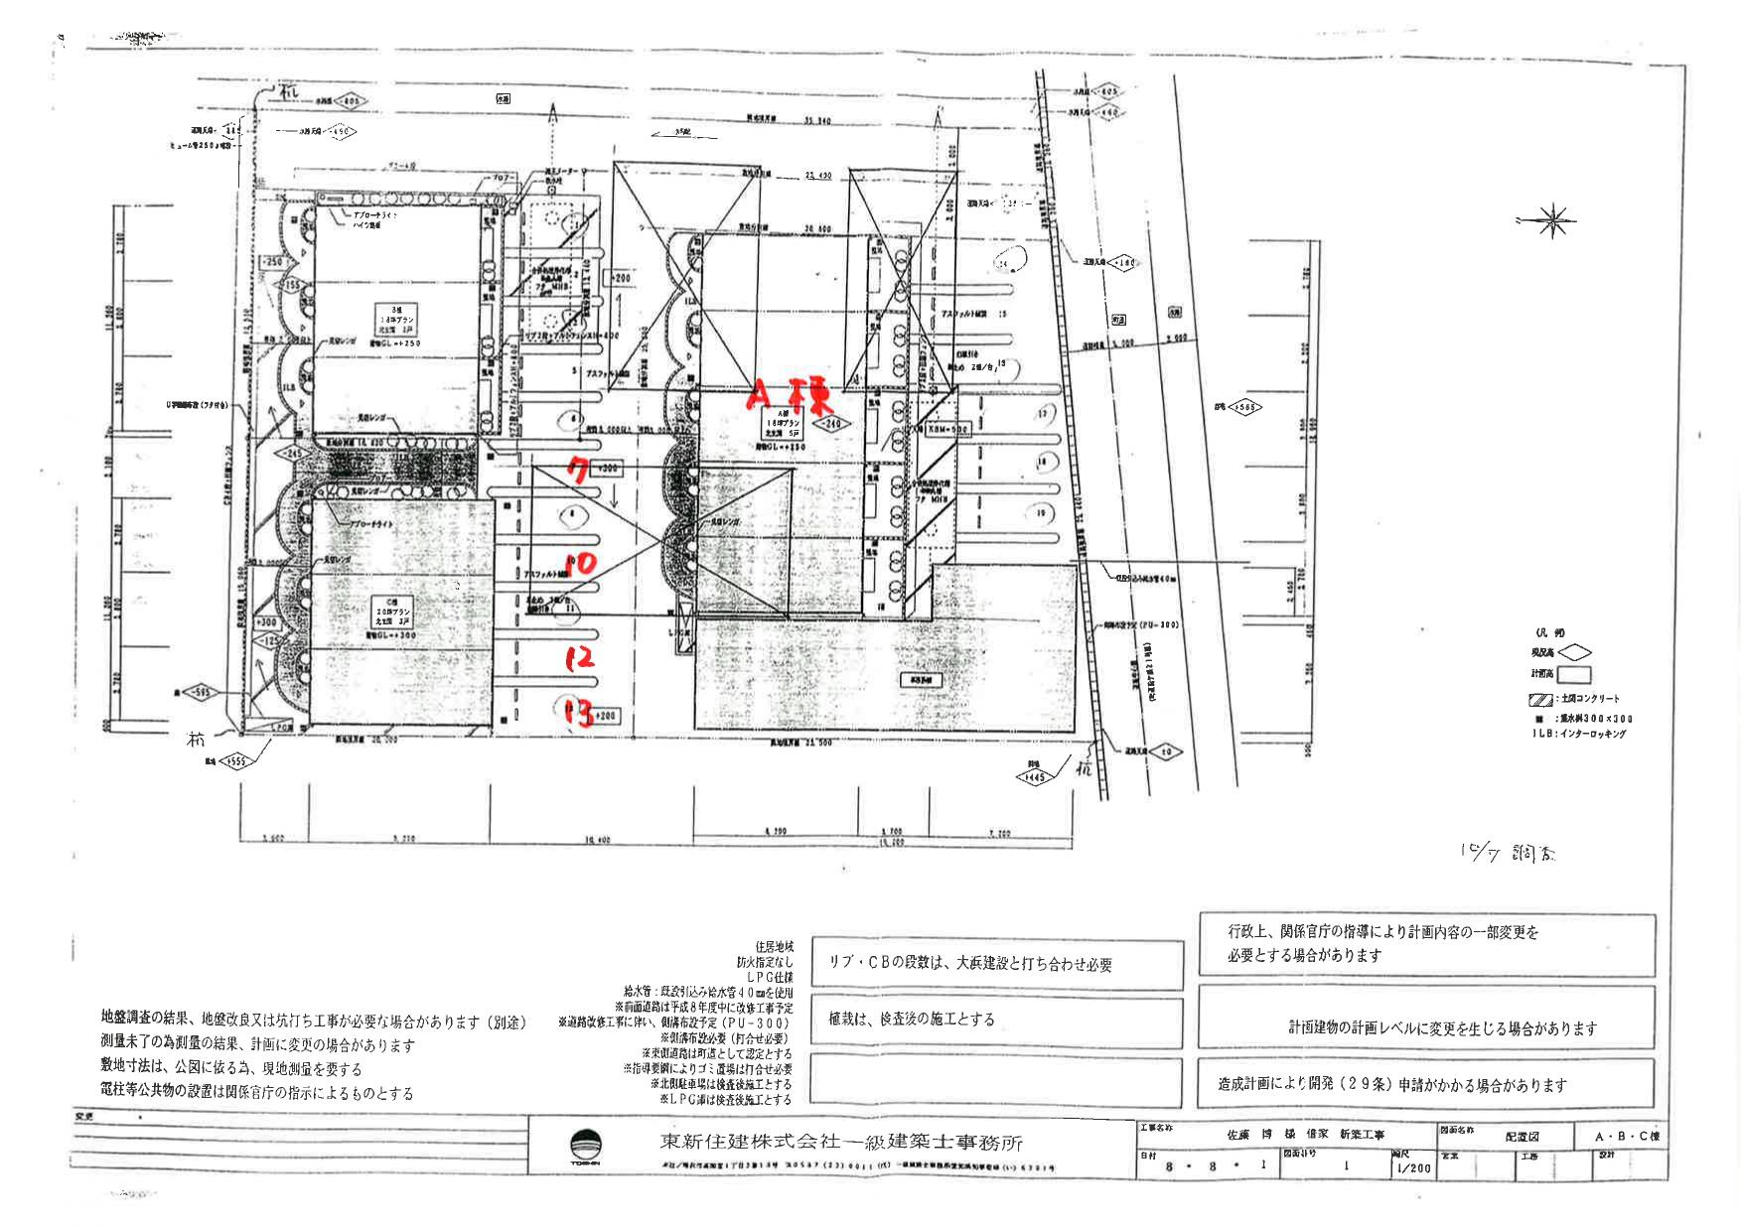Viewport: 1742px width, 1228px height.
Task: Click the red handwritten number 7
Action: point(576,468)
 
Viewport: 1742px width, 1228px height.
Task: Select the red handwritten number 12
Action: point(579,657)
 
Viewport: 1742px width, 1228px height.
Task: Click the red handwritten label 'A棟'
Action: point(790,395)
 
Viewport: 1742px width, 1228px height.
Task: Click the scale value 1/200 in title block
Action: point(1413,1167)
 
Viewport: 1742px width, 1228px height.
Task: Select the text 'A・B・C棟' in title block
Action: point(1626,1136)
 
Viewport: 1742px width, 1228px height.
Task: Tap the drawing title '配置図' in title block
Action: point(1521,1136)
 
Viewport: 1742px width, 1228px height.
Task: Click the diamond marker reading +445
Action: point(1033,777)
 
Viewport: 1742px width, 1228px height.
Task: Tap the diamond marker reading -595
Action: point(199,693)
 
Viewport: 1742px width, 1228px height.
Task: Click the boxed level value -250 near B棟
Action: point(270,261)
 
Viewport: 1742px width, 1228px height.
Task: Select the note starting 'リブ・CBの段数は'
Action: point(969,964)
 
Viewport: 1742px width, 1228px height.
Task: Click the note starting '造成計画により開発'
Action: point(1391,1084)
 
